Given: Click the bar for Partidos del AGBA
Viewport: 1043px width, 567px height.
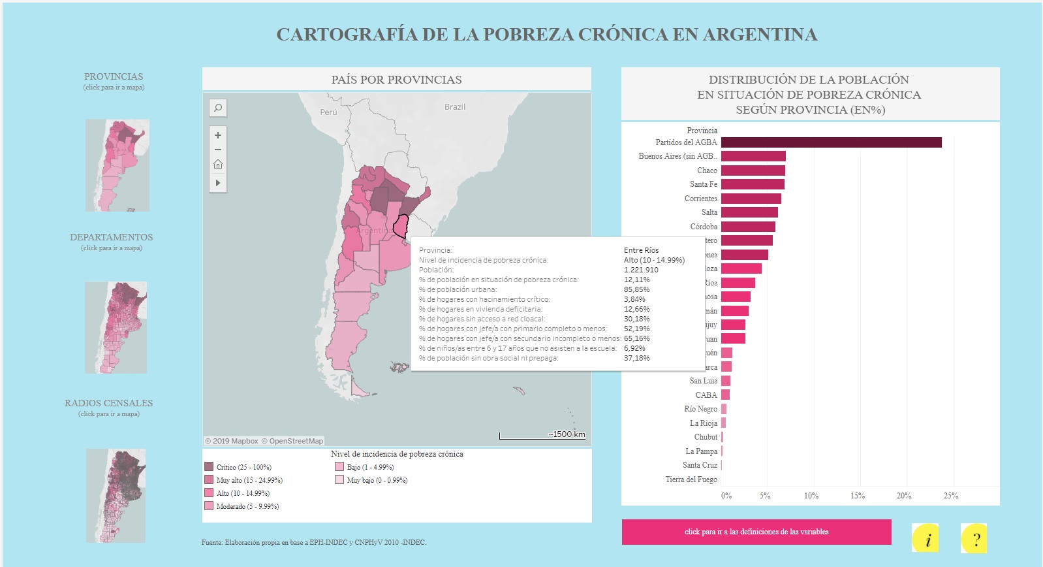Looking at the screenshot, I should pos(831,142).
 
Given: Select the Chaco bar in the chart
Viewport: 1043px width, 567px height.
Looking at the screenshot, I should pos(753,170).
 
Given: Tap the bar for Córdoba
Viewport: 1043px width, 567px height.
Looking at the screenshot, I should pos(748,227).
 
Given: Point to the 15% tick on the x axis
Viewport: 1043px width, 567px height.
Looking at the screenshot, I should pos(857,496).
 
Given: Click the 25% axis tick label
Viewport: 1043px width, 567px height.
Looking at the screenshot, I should pos(950,496).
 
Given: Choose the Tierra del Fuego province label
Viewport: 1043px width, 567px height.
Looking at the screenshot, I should pos(691,479).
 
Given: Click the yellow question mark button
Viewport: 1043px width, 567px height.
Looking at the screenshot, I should pos(974,539).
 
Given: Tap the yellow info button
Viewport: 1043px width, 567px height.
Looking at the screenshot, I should pos(926,539).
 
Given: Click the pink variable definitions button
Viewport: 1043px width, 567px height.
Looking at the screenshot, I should pos(756,532).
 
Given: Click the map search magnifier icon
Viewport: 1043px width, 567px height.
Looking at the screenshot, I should pos(218,108).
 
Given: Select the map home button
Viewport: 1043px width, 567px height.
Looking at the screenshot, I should pos(218,164).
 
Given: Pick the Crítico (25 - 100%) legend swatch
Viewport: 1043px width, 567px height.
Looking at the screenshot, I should pos(209,467).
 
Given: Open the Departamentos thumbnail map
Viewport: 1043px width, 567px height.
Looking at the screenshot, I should pos(116,328).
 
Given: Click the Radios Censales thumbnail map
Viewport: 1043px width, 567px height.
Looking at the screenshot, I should pos(116,495).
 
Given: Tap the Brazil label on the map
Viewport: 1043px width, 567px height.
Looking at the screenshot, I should pos(455,107).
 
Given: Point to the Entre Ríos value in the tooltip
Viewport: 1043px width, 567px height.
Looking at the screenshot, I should pos(641,250).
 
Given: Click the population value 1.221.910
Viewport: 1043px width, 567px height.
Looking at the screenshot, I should pos(641,270).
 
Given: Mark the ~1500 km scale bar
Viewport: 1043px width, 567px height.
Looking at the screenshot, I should pos(542,436).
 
